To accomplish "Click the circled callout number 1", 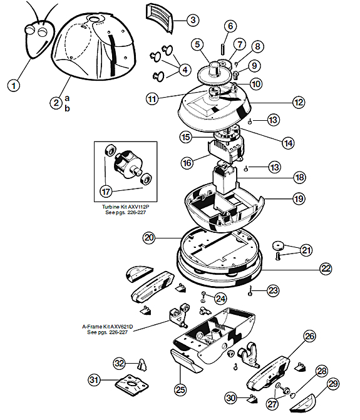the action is (x=14, y=86).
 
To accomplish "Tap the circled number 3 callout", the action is (x=193, y=20).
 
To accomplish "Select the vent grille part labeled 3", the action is (x=160, y=18).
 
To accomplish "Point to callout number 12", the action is (x=299, y=102).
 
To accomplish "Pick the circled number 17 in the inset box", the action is (x=106, y=192).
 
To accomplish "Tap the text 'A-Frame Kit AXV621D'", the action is (x=108, y=327).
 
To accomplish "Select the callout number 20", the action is (x=149, y=238).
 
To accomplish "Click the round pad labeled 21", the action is (x=279, y=245).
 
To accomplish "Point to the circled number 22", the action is (x=326, y=269).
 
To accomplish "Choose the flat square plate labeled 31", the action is (x=131, y=385).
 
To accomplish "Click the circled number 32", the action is (x=119, y=363).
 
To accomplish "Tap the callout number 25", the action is (x=180, y=389).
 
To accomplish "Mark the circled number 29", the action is (x=333, y=384).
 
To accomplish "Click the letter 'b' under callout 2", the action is (x=67, y=108).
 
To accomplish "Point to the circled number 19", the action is (x=299, y=198).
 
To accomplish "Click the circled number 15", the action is (x=186, y=137).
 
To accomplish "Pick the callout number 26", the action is (x=310, y=336).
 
